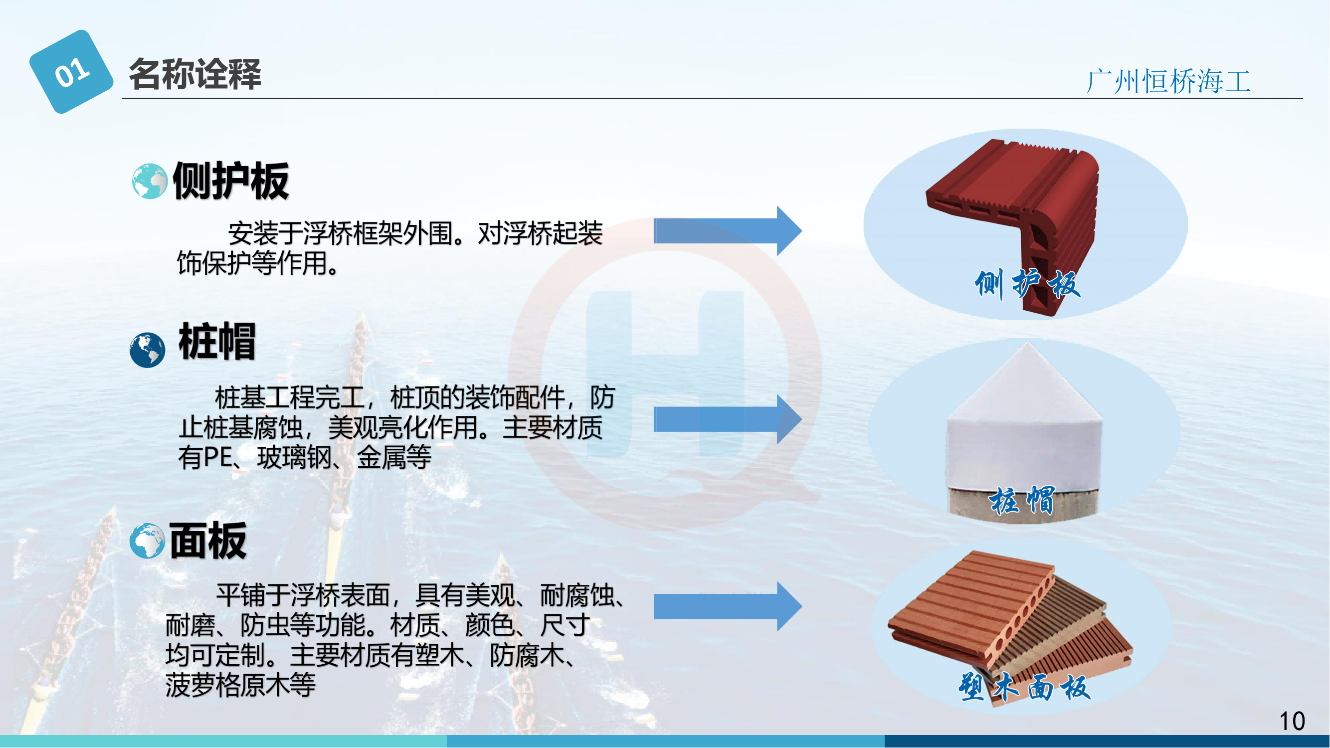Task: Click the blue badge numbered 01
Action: (71, 72)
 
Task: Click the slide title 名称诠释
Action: (195, 74)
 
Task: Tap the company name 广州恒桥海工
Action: (1168, 82)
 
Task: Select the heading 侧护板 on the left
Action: (231, 181)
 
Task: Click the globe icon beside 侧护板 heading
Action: (150, 181)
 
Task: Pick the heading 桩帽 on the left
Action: (217, 341)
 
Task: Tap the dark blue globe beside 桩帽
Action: (148, 350)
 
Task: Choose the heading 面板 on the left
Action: (208, 541)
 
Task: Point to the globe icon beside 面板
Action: (148, 541)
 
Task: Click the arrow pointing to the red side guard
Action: (728, 231)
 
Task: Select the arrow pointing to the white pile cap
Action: (728, 419)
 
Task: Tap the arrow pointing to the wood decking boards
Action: (728, 606)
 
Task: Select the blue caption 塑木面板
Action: (1025, 687)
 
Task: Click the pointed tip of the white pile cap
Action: (1027, 343)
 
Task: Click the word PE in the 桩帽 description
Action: (218, 457)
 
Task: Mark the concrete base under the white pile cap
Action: (1023, 505)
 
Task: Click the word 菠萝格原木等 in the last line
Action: (240, 686)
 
